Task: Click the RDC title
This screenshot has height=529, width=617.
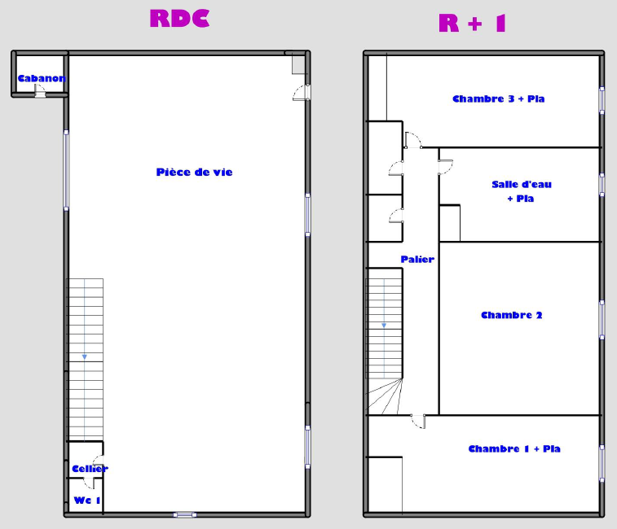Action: [179, 19]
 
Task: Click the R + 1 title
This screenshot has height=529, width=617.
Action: [472, 23]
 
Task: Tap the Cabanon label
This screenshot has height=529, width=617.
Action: [42, 78]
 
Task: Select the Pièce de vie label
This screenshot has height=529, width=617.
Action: [194, 173]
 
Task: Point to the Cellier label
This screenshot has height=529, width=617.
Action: [90, 469]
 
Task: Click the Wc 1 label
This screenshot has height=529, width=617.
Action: [87, 501]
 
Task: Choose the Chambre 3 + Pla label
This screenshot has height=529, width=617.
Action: [499, 98]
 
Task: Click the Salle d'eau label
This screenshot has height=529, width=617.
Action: [522, 184]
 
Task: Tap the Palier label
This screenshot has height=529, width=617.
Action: [417, 260]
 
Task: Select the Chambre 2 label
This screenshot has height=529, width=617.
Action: [512, 315]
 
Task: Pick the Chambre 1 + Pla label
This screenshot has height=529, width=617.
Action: [514, 448]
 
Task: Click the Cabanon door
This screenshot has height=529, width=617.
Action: [40, 91]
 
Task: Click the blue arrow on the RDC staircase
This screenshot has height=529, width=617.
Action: [84, 356]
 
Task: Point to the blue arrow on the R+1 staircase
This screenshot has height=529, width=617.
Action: [384, 326]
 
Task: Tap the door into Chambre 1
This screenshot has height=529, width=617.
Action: [418, 422]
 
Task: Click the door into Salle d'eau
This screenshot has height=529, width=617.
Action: [446, 167]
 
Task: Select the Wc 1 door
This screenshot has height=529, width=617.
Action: [89, 483]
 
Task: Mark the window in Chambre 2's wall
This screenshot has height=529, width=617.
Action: [602, 320]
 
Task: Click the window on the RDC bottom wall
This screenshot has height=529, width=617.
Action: [185, 514]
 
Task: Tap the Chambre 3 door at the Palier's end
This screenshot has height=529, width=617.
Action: [413, 140]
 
